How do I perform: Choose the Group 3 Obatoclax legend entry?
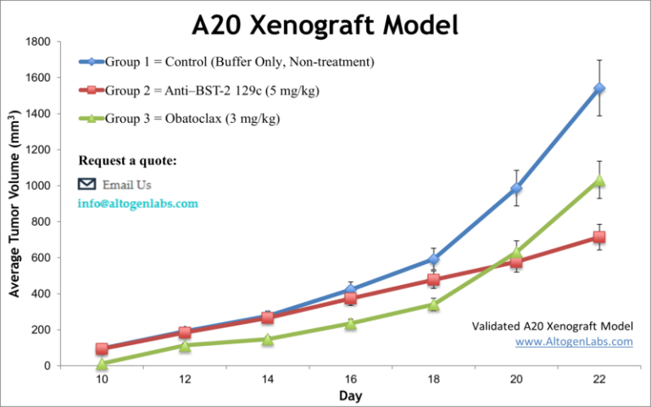(192, 118)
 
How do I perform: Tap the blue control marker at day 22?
(599, 88)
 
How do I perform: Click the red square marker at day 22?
(599, 237)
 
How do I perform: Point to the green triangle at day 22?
(599, 180)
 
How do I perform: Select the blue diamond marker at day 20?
(516, 188)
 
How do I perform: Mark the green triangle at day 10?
(102, 364)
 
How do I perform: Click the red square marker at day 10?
(102, 348)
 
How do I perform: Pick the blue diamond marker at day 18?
(433, 259)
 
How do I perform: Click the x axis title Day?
(350, 396)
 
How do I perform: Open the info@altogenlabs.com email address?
(138, 203)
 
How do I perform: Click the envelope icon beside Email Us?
(86, 184)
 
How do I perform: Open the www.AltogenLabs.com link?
(574, 342)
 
